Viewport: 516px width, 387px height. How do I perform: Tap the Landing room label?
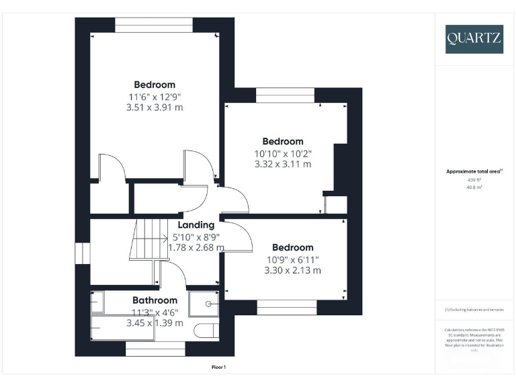pos(196,225)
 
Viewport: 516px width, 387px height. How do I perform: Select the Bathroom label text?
pos(155,300)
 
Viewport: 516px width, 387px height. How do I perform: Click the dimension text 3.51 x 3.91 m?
pos(155,107)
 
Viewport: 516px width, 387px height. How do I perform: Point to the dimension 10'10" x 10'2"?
pos(283,153)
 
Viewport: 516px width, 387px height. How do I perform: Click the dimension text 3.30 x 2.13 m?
pos(293,270)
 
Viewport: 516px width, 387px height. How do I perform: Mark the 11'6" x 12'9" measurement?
pos(155,96)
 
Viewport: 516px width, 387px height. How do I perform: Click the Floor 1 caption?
pos(218,368)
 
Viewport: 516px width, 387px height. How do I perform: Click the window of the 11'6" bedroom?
pos(155,25)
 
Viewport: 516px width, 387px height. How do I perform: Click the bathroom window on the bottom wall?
pos(155,349)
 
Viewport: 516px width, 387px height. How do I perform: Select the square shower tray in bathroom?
pos(204,304)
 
